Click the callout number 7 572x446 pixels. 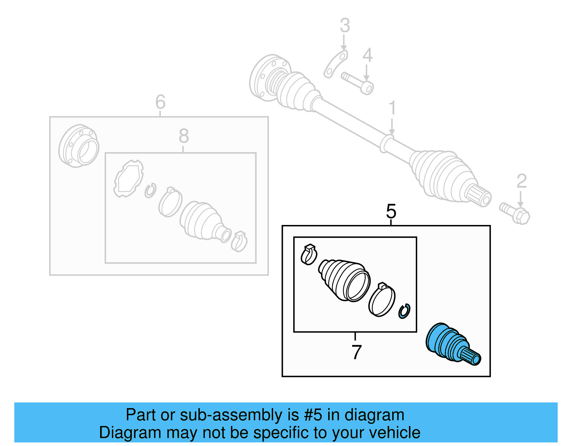click(356, 352)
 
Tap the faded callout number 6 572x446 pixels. click(161, 102)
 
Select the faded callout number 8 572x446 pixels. click(184, 136)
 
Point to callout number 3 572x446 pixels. click(345, 25)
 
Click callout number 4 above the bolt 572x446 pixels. click(368, 55)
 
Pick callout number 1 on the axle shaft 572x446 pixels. click(392, 107)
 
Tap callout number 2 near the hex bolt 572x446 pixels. click(522, 181)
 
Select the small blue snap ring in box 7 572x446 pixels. click(404, 311)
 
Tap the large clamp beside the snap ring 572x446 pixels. click(381, 300)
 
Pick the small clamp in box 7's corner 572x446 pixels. click(309, 255)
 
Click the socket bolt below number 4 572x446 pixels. click(358, 82)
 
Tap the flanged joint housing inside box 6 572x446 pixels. click(79, 146)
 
